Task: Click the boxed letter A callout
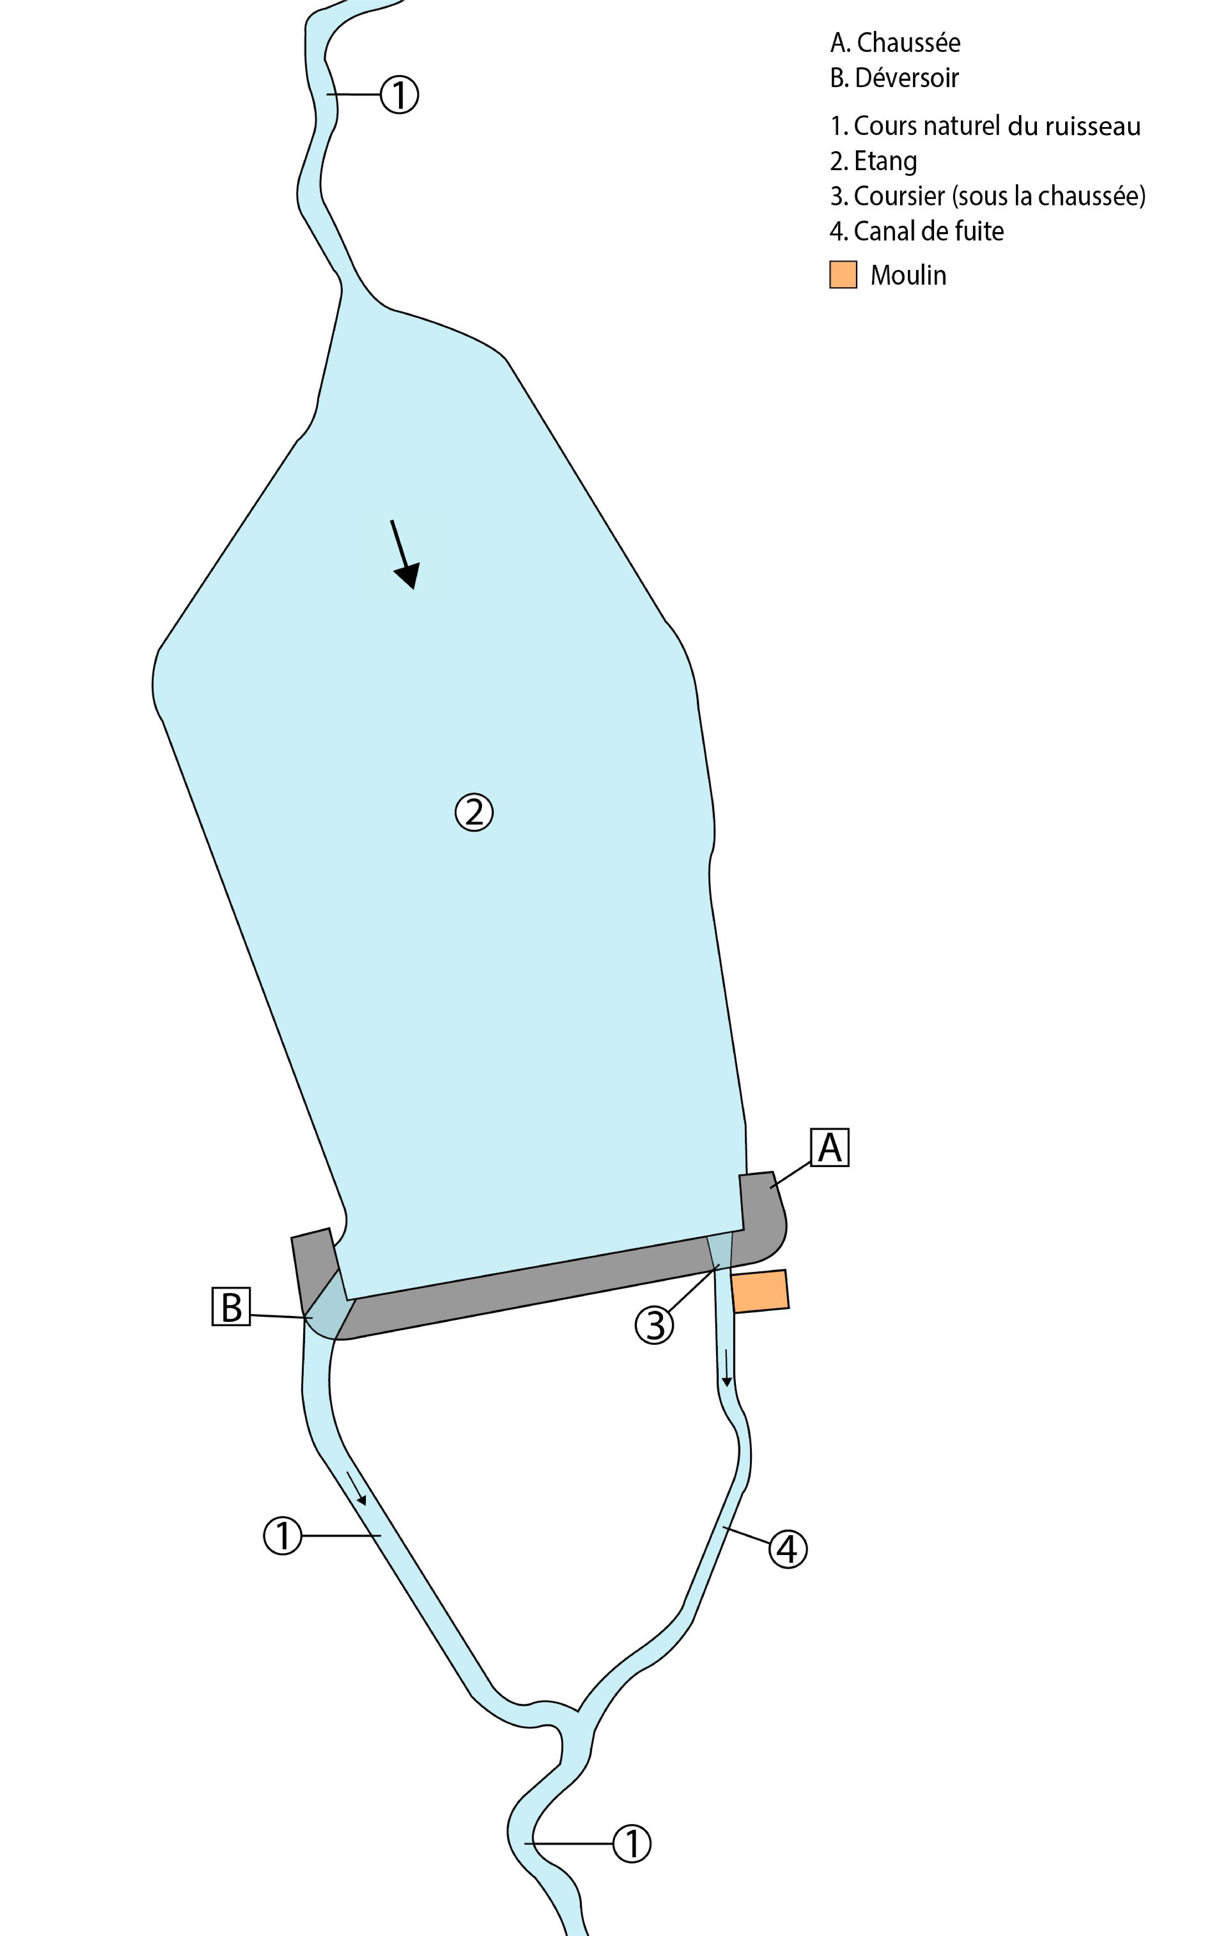click(x=830, y=1147)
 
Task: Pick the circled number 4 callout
click(x=788, y=1548)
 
